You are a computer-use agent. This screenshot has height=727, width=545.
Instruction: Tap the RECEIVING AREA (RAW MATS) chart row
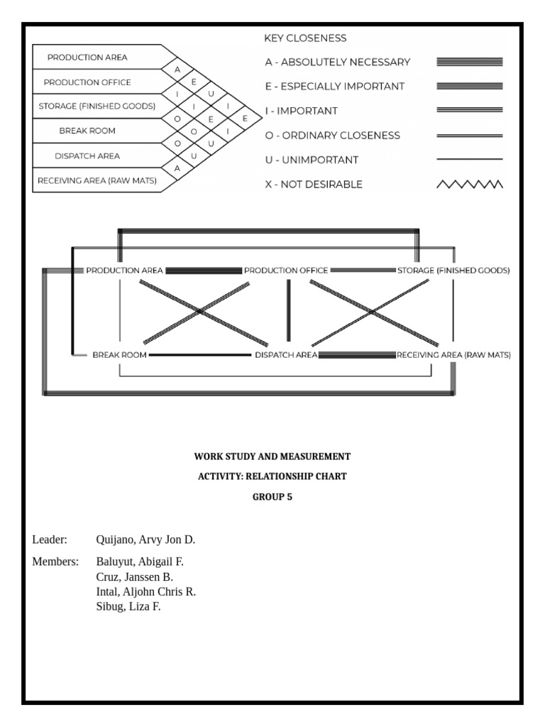[97, 180]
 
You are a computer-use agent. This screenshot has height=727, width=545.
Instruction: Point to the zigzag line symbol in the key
[469, 185]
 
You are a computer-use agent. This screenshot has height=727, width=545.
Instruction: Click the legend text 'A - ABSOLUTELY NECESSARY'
[337, 62]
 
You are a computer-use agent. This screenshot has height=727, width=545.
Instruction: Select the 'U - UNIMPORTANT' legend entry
[312, 160]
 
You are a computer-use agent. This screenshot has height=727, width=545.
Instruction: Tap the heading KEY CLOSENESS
[305, 38]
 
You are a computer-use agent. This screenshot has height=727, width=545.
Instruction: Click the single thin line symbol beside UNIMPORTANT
[469, 160]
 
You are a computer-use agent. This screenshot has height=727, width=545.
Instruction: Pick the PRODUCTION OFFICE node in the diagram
[286, 270]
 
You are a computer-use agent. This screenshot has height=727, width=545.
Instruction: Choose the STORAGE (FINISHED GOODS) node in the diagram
[453, 270]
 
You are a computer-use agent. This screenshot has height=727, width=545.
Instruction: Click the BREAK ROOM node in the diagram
[119, 354]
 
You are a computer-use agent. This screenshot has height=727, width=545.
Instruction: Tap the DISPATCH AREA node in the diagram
[285, 354]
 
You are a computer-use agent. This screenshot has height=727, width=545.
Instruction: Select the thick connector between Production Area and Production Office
[204, 270]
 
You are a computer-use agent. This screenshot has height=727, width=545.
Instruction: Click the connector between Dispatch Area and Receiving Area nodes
[356, 354]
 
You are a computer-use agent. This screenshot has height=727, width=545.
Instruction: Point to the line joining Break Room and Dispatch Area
[200, 354]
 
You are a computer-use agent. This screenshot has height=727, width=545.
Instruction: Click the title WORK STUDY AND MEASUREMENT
[272, 457]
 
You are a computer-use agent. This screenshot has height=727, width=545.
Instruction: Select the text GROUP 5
[272, 497]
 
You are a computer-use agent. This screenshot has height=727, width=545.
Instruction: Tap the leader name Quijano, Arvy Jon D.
[145, 540]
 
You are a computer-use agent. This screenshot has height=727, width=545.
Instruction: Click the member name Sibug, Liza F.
[128, 606]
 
